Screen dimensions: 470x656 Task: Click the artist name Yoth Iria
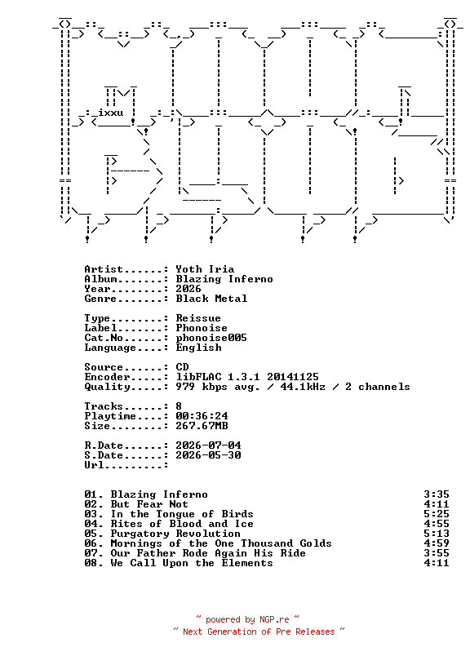pos(205,269)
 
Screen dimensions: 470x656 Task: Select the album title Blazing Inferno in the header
pos(224,279)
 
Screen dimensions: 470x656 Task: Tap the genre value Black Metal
pos(211,299)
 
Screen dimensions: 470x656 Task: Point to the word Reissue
pos(198,318)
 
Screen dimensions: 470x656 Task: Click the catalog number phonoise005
pos(211,338)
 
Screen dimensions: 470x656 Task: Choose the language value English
pos(198,348)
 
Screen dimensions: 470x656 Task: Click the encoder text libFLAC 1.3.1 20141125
pos(247,377)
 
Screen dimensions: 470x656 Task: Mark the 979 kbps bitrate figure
pos(202,387)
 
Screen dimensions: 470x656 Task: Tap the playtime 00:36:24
pos(202,416)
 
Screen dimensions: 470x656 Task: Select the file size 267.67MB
pos(202,426)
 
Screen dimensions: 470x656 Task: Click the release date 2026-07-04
pos(208,445)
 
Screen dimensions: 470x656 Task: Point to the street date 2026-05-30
pos(208,455)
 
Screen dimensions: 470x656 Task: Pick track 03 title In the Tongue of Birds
pos(182,514)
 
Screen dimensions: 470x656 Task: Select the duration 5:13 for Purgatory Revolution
pos(437,534)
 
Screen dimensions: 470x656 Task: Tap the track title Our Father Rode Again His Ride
pos(208,553)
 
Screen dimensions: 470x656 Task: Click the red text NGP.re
pos(274,619)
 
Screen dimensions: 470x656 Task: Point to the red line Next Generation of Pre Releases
pos(259,632)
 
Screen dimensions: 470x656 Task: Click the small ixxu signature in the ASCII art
pos(110,113)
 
